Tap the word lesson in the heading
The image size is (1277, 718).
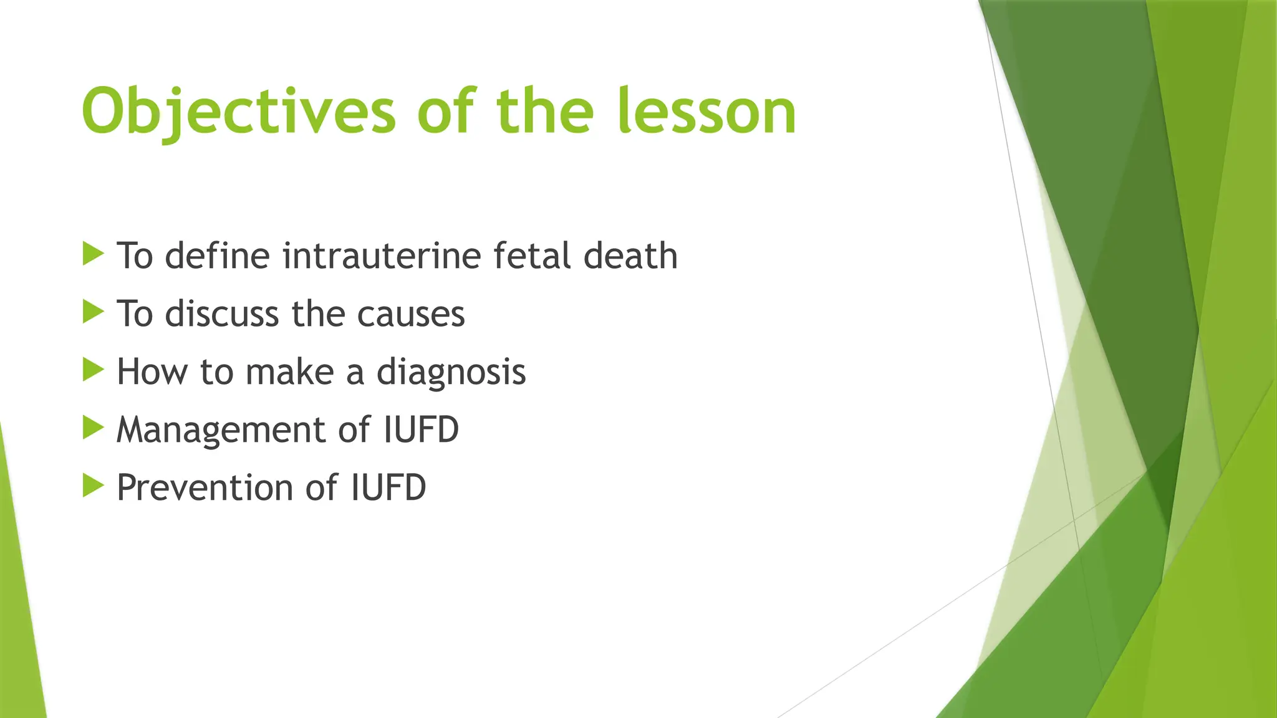click(x=708, y=112)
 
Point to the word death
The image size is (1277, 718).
click(x=630, y=256)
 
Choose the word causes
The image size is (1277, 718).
click(x=411, y=314)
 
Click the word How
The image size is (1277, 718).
click(x=152, y=372)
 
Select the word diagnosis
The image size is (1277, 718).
click(x=451, y=372)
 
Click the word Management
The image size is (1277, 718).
click(x=221, y=430)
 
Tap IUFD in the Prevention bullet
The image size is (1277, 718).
click(x=388, y=487)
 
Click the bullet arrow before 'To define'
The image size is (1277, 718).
click(x=92, y=254)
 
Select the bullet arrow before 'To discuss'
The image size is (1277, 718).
click(x=92, y=312)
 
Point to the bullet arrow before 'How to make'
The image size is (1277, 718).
click(x=92, y=370)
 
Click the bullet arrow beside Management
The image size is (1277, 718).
click(x=92, y=428)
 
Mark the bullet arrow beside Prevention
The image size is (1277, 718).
click(x=92, y=486)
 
